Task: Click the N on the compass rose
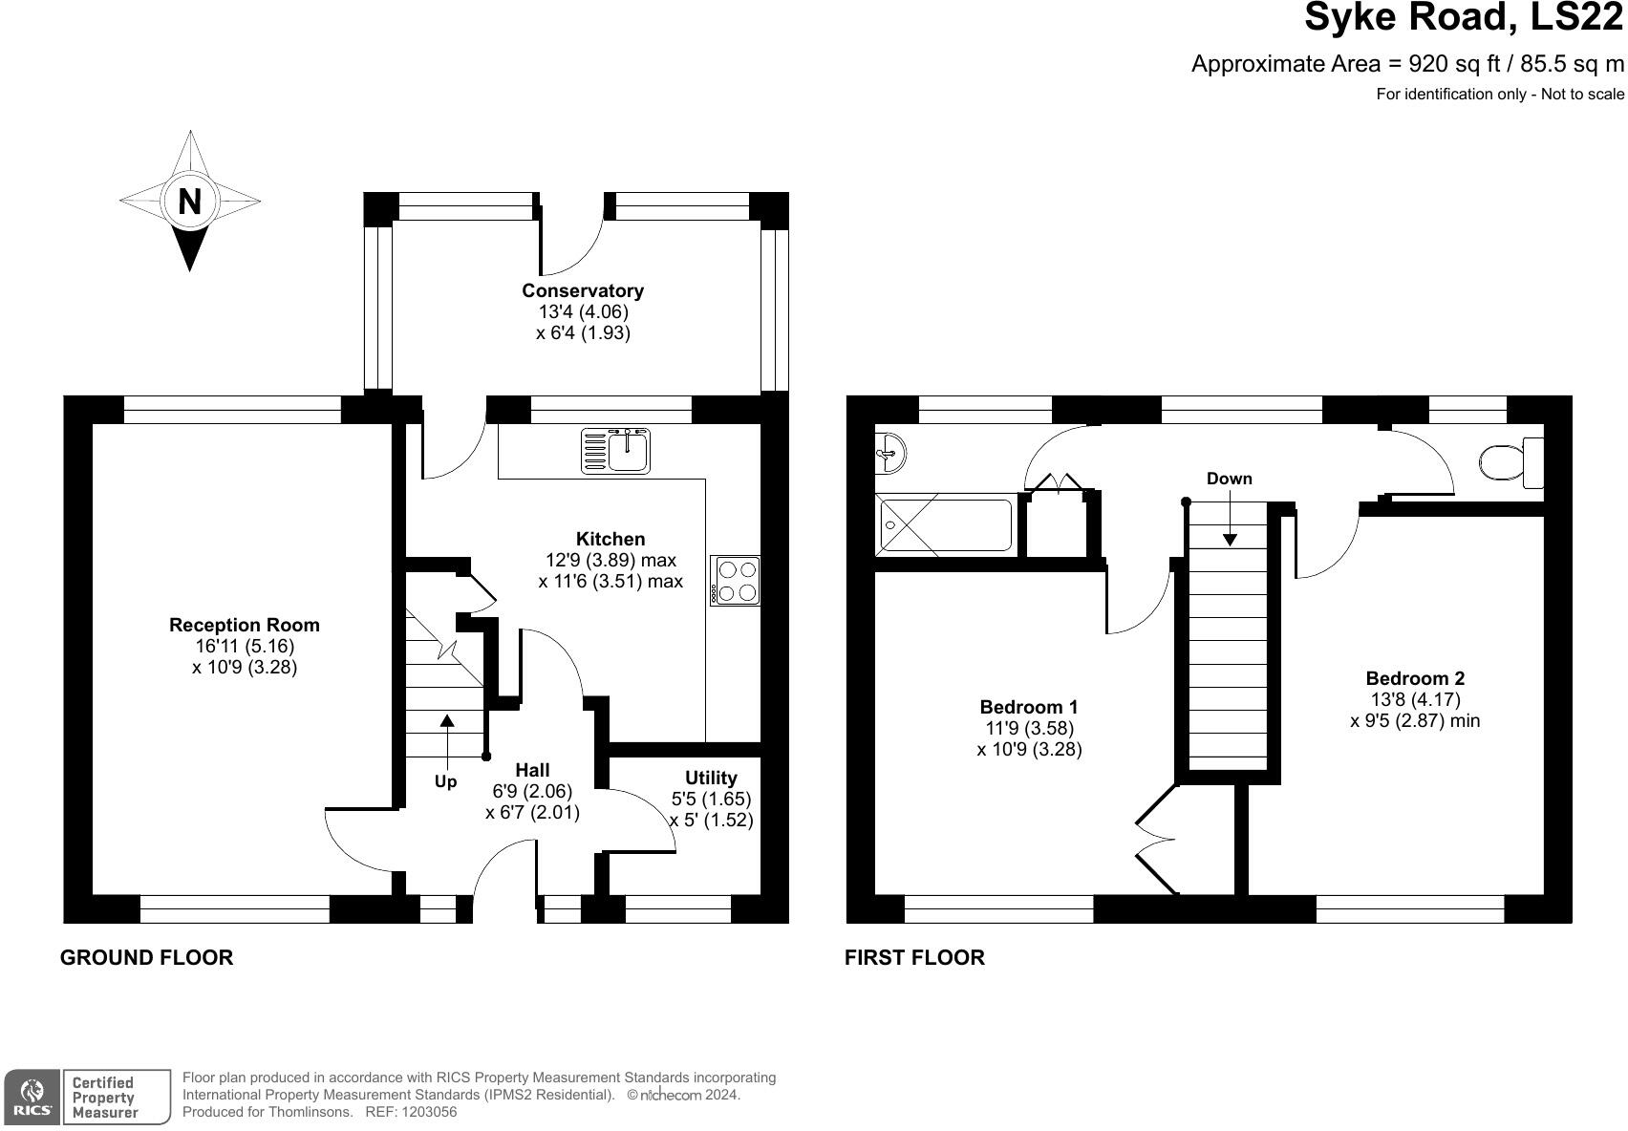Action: tap(190, 201)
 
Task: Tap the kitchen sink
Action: tap(615, 451)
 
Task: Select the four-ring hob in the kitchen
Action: tap(736, 581)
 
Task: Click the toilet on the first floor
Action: tap(1512, 462)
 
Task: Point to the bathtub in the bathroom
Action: tap(944, 524)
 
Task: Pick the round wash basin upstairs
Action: tap(889, 453)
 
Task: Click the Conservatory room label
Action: tap(583, 290)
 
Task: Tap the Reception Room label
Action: tap(245, 625)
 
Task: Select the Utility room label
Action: tap(711, 778)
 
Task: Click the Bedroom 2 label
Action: tap(1415, 678)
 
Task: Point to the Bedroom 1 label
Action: tap(1029, 707)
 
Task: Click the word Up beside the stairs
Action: tap(445, 782)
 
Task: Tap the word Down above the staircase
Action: tap(1229, 479)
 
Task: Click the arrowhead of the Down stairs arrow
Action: tap(1229, 540)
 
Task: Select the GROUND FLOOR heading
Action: tap(147, 958)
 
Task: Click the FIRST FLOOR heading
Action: tap(914, 958)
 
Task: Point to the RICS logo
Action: tap(32, 1098)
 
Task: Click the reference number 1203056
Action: tap(430, 1112)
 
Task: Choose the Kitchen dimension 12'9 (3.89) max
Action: tap(610, 561)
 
